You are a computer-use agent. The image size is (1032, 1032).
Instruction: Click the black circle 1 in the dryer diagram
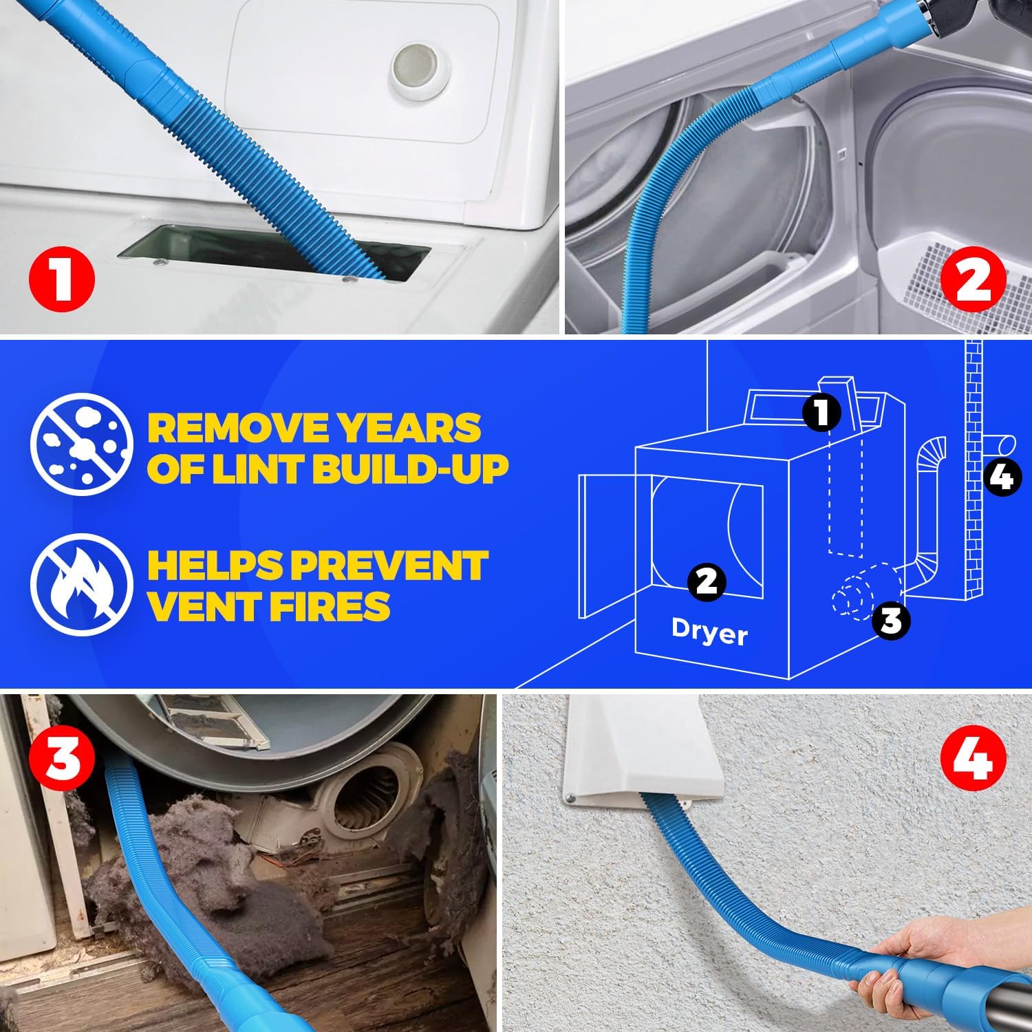pos(821,412)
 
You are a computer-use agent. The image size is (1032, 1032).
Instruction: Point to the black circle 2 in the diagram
pos(707,581)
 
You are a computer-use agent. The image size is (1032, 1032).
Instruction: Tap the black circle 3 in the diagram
pos(890,620)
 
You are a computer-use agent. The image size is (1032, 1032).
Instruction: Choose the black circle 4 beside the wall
pos(1002,477)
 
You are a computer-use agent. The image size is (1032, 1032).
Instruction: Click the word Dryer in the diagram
pos(709,632)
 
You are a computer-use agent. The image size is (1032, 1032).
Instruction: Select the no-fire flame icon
pos(80,584)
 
